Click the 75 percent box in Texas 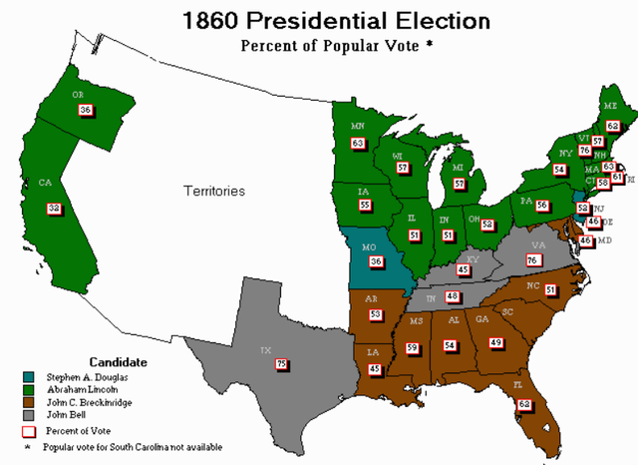click(281, 365)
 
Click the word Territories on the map click(212, 191)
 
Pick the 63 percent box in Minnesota click(358, 143)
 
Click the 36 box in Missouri click(376, 261)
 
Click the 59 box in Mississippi click(412, 347)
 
